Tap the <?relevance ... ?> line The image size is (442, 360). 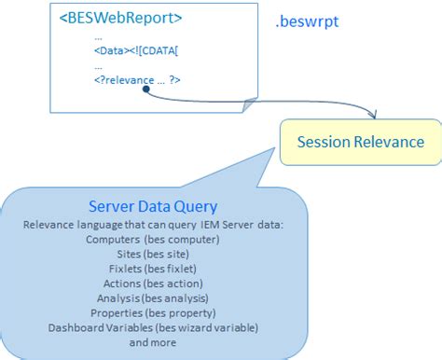[136, 80]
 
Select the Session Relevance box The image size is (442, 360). [360, 142]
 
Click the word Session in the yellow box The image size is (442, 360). [324, 142]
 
